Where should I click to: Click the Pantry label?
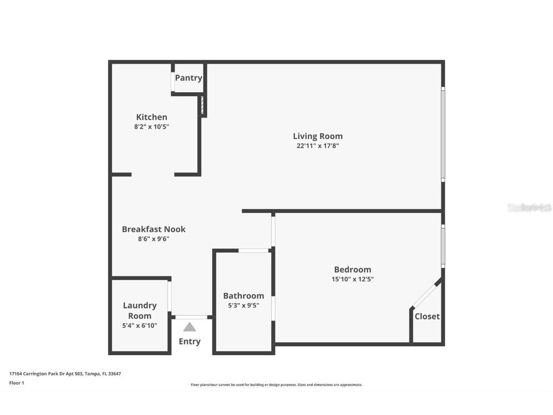pos(188,78)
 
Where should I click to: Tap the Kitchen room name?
pos(152,117)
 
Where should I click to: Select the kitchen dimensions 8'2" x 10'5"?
pos(152,127)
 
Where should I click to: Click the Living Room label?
pos(318,136)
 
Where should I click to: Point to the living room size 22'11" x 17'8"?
pos(318,146)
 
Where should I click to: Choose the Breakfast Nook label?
pos(154,229)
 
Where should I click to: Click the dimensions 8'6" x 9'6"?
pos(154,239)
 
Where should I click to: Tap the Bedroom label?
pos(352,269)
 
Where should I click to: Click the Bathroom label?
pos(243,295)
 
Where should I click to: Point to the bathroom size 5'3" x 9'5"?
pos(243,305)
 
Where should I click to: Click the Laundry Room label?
pos(140,310)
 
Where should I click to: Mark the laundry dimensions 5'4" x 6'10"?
pos(140,325)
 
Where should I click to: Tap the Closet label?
pos(427,316)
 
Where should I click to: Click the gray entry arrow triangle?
pos(190,327)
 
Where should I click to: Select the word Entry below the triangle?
pos(190,342)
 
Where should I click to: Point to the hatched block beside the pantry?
pos(202,105)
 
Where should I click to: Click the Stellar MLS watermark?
pos(529,208)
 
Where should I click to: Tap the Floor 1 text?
pos(17,383)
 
